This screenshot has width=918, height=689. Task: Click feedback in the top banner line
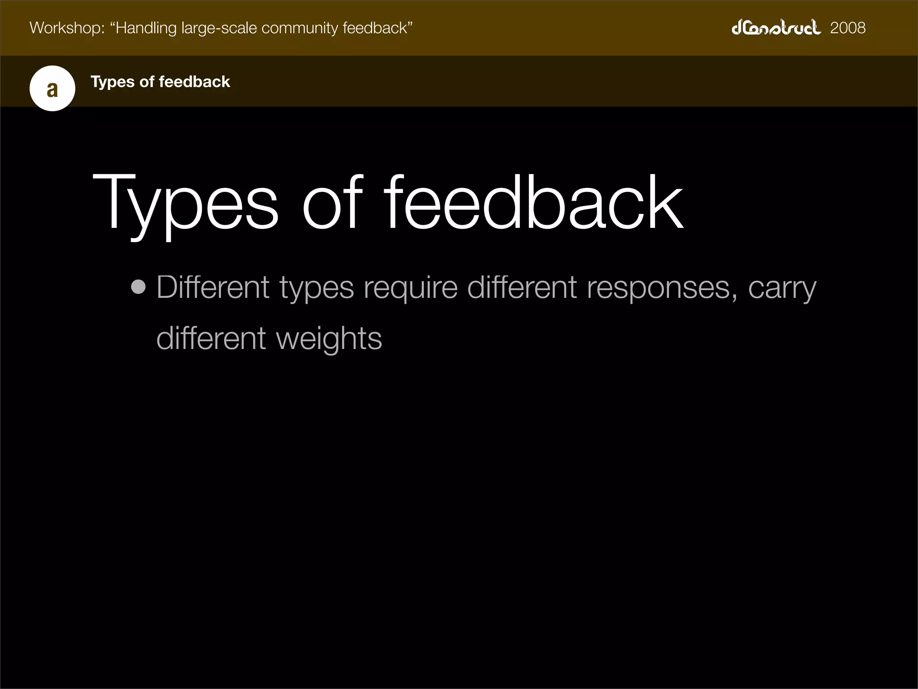377,28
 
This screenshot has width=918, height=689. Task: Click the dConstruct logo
776,27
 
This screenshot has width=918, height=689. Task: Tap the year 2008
848,28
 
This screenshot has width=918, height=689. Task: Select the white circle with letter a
52,88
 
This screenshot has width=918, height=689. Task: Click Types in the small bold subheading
112,82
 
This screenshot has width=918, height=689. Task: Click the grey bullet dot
139,287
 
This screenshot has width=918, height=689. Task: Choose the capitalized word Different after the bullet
213,287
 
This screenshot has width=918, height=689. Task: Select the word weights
329,339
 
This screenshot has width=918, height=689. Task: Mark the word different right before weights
211,338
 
